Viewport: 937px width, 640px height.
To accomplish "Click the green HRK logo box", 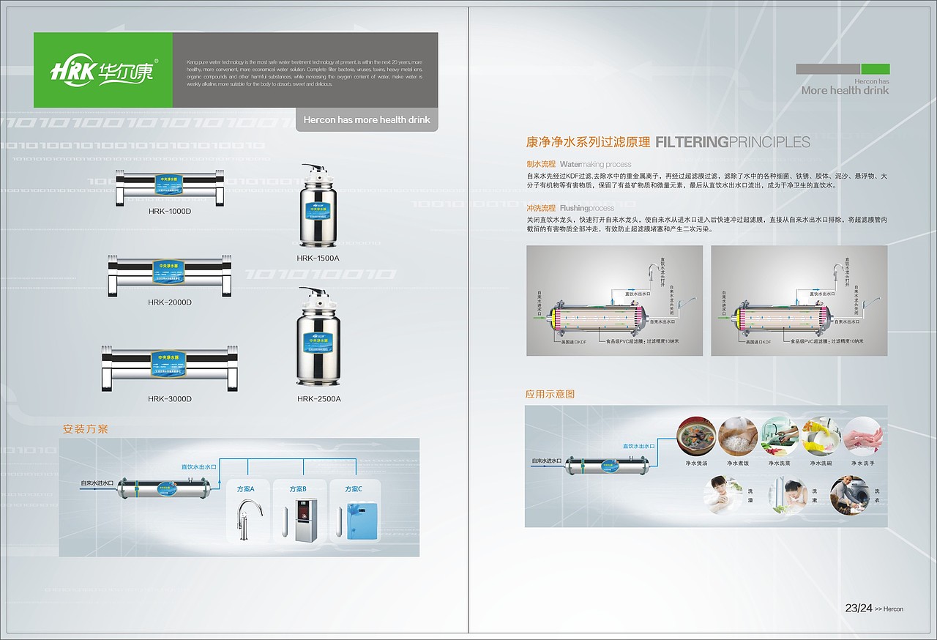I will coord(103,70).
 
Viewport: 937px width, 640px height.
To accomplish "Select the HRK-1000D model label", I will coord(169,211).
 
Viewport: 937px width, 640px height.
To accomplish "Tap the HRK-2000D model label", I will coord(169,302).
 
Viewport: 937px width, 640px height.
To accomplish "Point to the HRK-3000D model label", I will coord(169,399).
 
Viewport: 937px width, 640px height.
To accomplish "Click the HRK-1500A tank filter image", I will coord(318,208).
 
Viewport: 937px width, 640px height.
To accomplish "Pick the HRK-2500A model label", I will coord(318,399).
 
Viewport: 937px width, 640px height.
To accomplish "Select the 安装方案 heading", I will coord(86,429).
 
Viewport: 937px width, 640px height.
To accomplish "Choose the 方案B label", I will coord(298,489).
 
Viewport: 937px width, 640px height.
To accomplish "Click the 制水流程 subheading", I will coord(540,164).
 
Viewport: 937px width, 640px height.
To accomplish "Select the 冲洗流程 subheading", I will coord(540,208).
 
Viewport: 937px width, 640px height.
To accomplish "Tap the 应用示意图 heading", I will coord(550,394).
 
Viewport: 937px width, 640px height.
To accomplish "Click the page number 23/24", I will coord(858,608).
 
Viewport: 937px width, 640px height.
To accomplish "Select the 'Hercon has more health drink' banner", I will coord(367,119).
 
